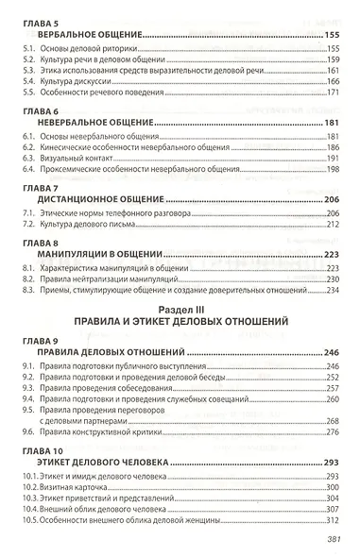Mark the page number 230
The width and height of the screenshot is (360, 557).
coord(331,278)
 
